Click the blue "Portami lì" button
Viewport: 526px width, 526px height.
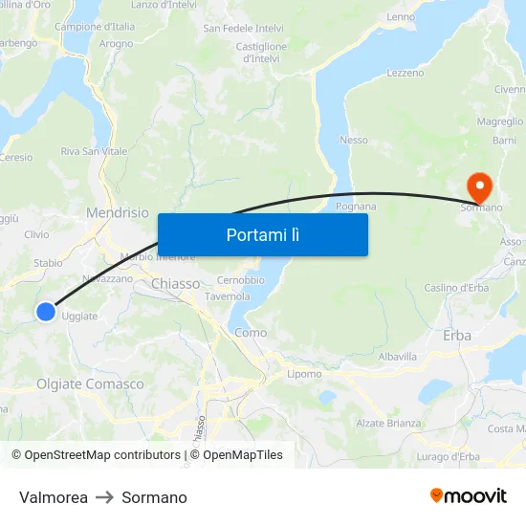pyautogui.click(x=262, y=234)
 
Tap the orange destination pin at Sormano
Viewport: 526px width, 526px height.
pyautogui.click(x=476, y=186)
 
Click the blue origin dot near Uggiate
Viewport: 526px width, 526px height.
pyautogui.click(x=46, y=311)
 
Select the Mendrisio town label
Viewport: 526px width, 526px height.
pyautogui.click(x=118, y=212)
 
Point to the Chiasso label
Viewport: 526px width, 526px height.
pyautogui.click(x=176, y=283)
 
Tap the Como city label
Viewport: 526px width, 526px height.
pyautogui.click(x=251, y=332)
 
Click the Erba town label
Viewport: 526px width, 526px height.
pyautogui.click(x=457, y=335)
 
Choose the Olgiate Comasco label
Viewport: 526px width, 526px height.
pyautogui.click(x=90, y=384)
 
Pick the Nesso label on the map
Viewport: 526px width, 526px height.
pyautogui.click(x=353, y=140)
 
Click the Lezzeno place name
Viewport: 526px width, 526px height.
pyautogui.click(x=405, y=73)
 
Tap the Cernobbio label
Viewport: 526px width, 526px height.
pyautogui.click(x=240, y=279)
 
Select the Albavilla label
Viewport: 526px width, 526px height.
pyautogui.click(x=398, y=356)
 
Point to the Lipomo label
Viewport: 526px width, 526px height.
pyautogui.click(x=304, y=374)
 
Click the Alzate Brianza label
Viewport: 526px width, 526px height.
pyautogui.click(x=388, y=423)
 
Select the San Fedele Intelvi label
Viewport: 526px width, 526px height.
pyautogui.click(x=243, y=29)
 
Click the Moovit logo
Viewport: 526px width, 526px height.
pyautogui.click(x=469, y=495)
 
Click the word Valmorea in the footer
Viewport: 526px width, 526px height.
pyautogui.click(x=54, y=497)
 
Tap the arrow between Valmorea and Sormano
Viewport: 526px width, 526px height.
pyautogui.click(x=104, y=497)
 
